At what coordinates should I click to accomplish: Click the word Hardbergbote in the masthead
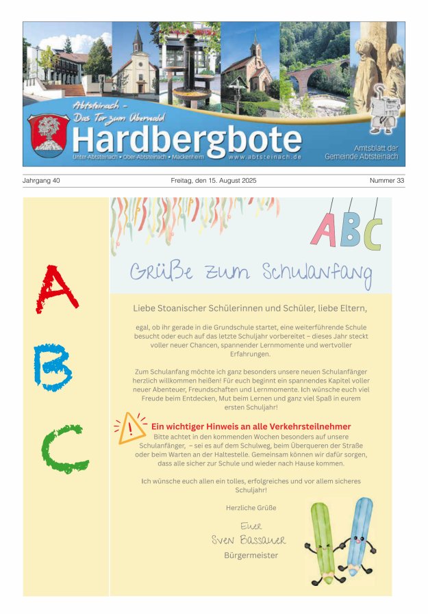coord(186,140)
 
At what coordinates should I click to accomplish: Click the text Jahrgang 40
coord(42,181)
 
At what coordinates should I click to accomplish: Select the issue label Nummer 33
coord(387,181)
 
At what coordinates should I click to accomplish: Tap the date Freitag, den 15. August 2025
coord(213,181)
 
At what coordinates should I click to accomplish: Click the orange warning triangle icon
coord(131,429)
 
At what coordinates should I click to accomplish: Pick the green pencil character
coord(323,541)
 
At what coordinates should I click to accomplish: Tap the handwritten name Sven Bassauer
coord(248,540)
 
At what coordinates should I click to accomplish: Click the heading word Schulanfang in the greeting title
coord(317,272)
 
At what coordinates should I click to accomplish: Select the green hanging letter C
coord(373,233)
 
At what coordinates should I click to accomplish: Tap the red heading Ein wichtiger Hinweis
coord(251,426)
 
